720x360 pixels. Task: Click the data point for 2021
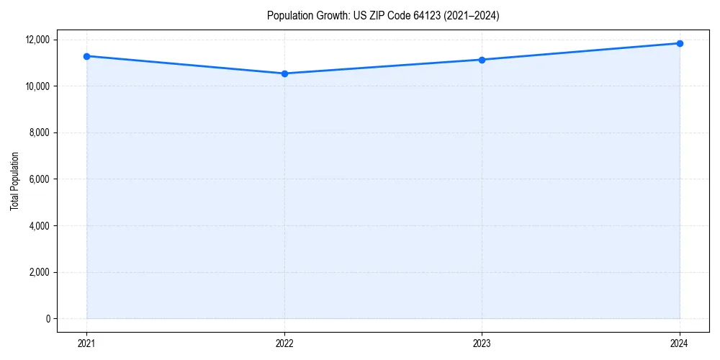pyautogui.click(x=86, y=56)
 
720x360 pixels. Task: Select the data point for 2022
pyautogui.click(x=284, y=73)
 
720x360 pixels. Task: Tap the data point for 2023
pyautogui.click(x=482, y=60)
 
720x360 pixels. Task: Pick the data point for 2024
pyautogui.click(x=680, y=43)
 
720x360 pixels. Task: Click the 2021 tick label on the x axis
pyautogui.click(x=86, y=343)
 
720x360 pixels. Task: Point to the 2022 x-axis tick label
pyautogui.click(x=284, y=343)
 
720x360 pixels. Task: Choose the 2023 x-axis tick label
pyautogui.click(x=482, y=343)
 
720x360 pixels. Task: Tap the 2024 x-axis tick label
pyautogui.click(x=680, y=343)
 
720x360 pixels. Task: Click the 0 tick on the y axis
pyautogui.click(x=48, y=318)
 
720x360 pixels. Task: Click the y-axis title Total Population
pyautogui.click(x=14, y=181)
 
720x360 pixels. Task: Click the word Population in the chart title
pyautogui.click(x=287, y=15)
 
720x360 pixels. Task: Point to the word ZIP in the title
pyautogui.click(x=377, y=15)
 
